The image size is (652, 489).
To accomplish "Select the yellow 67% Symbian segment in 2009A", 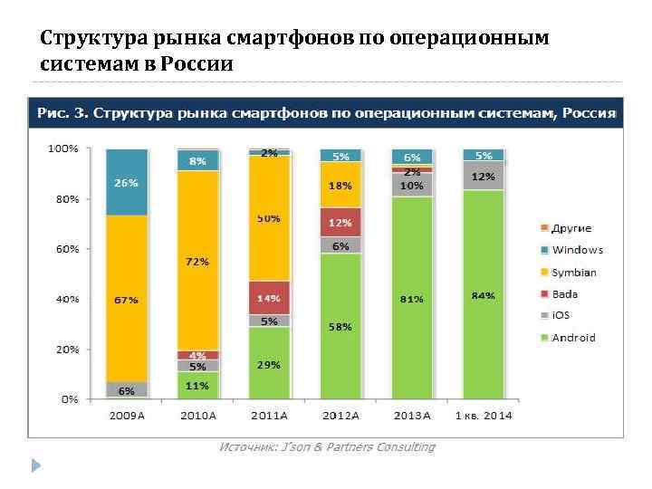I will tap(127, 299).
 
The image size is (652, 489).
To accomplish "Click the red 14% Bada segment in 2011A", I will tap(269, 297).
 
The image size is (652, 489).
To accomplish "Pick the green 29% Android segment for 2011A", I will tap(269, 364).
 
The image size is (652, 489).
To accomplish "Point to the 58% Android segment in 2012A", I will tap(340, 326).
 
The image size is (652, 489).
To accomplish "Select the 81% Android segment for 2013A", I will tap(412, 298).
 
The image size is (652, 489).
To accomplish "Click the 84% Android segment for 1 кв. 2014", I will tap(484, 295).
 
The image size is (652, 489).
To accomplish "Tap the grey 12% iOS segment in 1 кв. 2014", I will tap(484, 176).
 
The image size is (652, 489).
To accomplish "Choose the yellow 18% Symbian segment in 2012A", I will tap(340, 185).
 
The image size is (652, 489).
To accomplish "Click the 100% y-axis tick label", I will tap(63, 148).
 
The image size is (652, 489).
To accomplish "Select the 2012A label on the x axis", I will tap(340, 415).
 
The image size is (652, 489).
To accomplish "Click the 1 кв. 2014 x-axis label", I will tap(484, 415).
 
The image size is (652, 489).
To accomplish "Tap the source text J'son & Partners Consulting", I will tap(327, 446).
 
